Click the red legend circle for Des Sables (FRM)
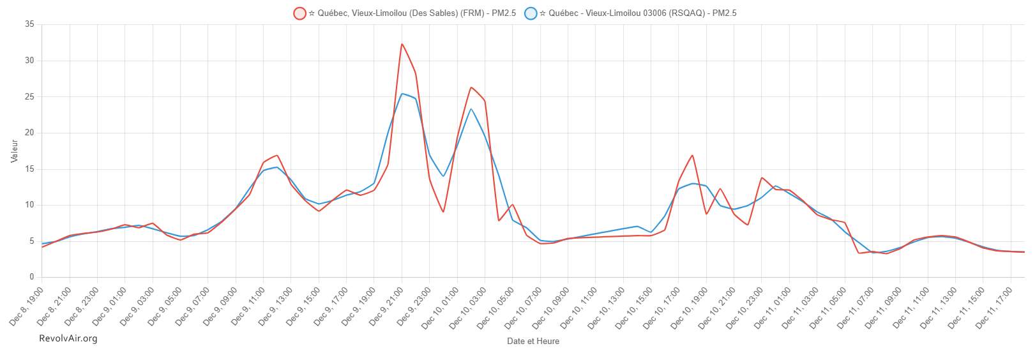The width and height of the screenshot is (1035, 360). click(x=300, y=13)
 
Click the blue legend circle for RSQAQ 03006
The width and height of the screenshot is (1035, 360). click(x=531, y=13)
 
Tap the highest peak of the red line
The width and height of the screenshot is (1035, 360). click(x=402, y=44)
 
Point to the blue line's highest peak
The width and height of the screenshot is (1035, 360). click(x=402, y=94)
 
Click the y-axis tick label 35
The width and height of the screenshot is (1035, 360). click(x=29, y=24)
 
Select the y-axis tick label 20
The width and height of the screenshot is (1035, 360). click(x=29, y=133)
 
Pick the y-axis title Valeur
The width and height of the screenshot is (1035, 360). click(x=15, y=151)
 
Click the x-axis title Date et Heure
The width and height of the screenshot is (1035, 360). click(x=533, y=341)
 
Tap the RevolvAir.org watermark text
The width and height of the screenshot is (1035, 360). click(x=68, y=338)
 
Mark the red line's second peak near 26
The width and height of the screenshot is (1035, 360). click(x=471, y=87)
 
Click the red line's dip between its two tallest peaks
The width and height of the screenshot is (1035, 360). click(x=443, y=211)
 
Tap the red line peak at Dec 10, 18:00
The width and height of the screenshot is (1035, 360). click(x=692, y=155)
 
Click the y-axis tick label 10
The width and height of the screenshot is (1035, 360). click(x=29, y=205)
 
